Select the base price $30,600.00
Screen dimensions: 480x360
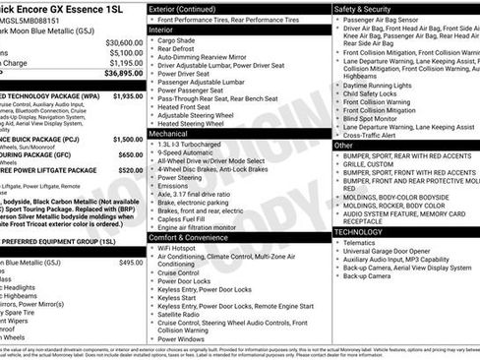coord(124,43)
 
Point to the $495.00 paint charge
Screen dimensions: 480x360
coord(131,263)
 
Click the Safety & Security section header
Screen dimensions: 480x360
coord(369,8)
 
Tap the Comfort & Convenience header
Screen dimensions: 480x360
coord(195,236)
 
